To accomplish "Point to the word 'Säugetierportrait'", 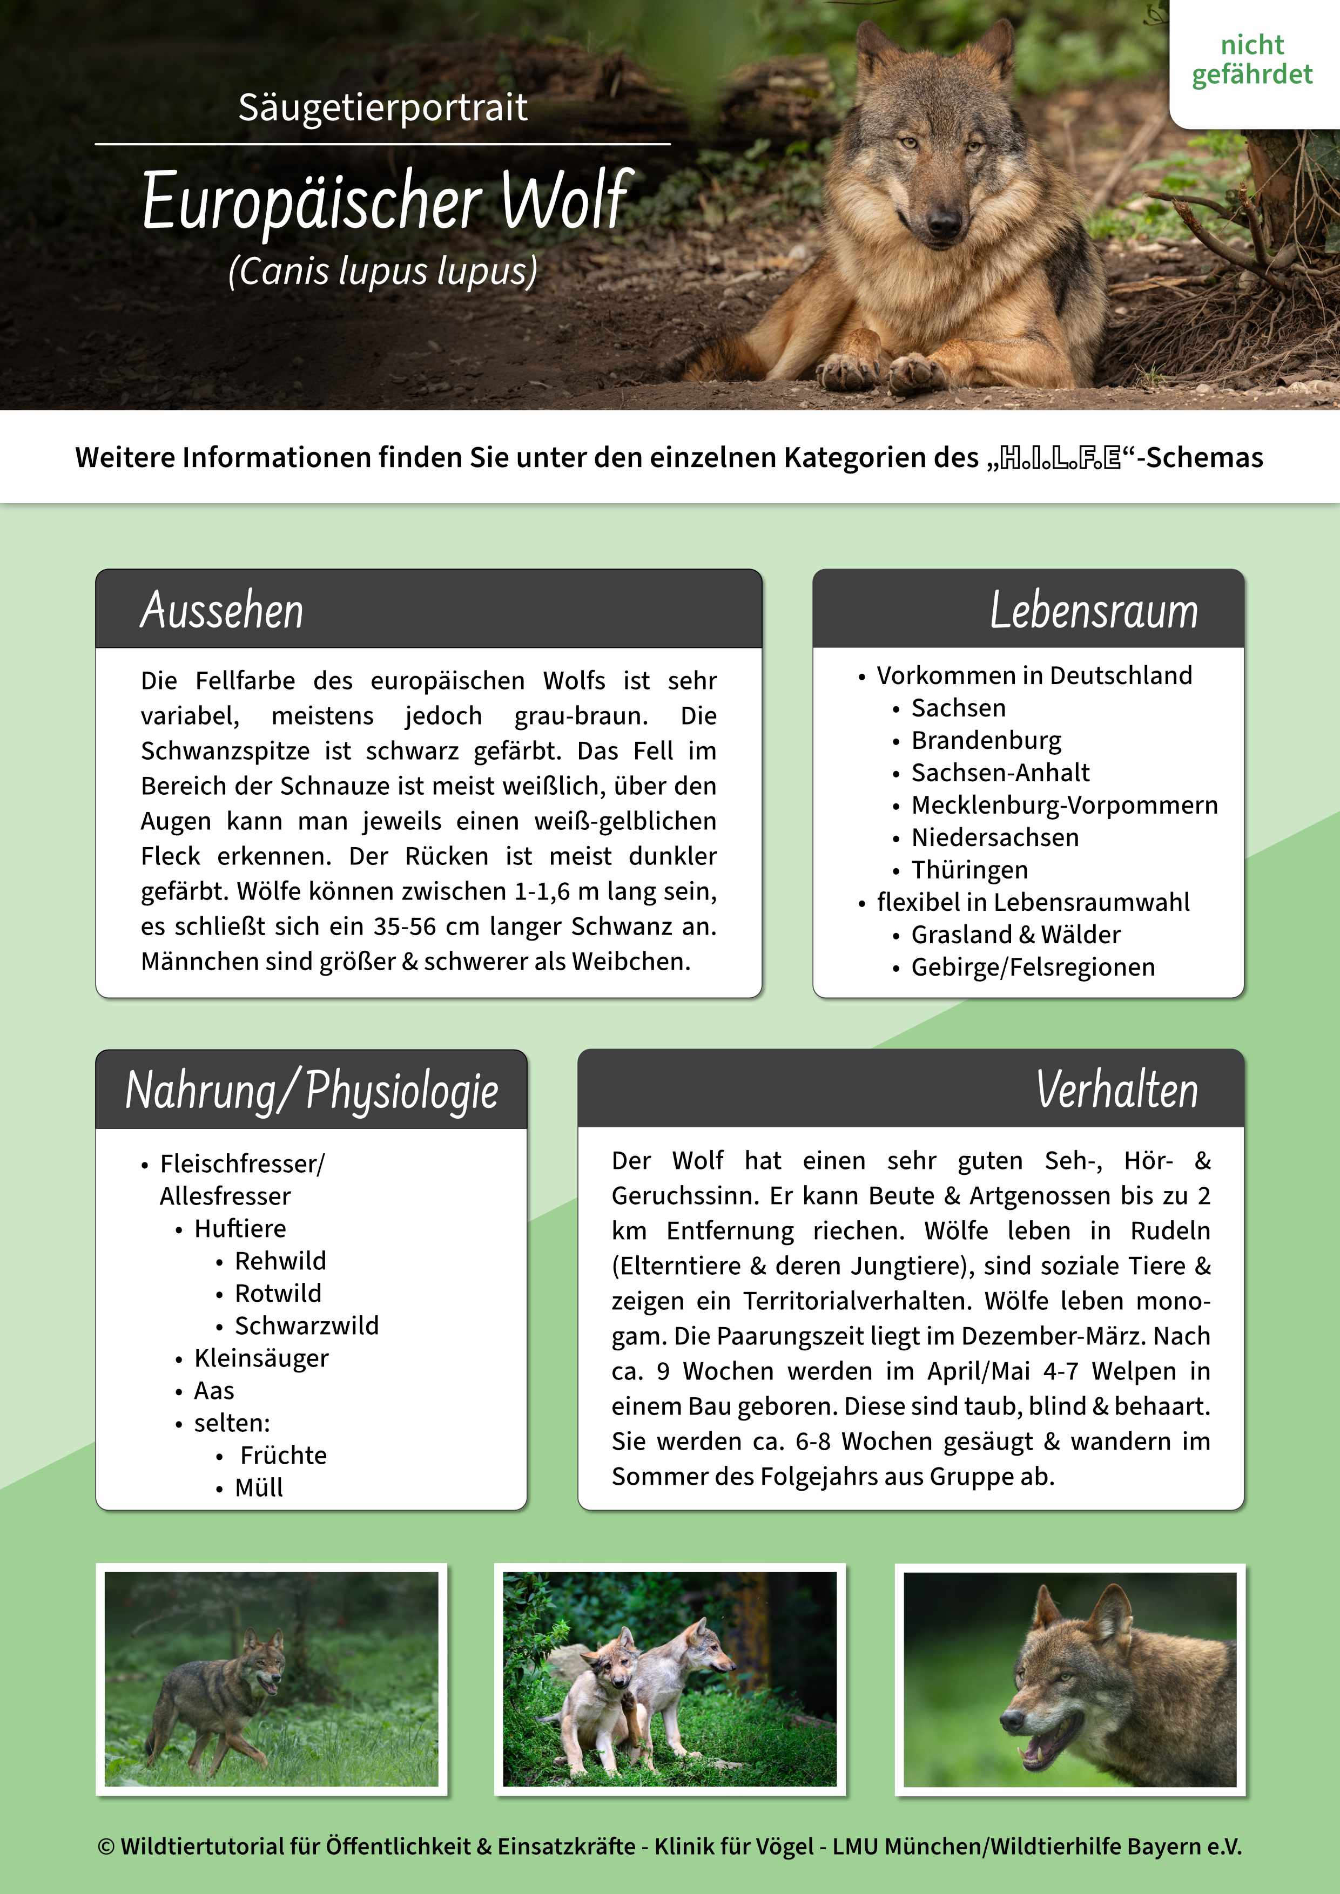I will pyautogui.click(x=383, y=107).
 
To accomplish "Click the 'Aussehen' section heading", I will pyautogui.click(x=222, y=611).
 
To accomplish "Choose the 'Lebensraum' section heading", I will pyautogui.click(x=1093, y=611).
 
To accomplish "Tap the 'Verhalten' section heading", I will pyautogui.click(x=1116, y=1089).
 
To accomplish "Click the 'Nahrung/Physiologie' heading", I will pyautogui.click(x=312, y=1090).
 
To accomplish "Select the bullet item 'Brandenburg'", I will pyautogui.click(x=986, y=740).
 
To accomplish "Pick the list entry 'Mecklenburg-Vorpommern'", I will pyautogui.click(x=1063, y=804).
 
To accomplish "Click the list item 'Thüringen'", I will pyautogui.click(x=969, y=869).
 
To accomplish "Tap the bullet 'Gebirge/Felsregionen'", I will pyautogui.click(x=1032, y=967).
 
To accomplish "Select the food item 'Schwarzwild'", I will pyautogui.click(x=306, y=1325).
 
